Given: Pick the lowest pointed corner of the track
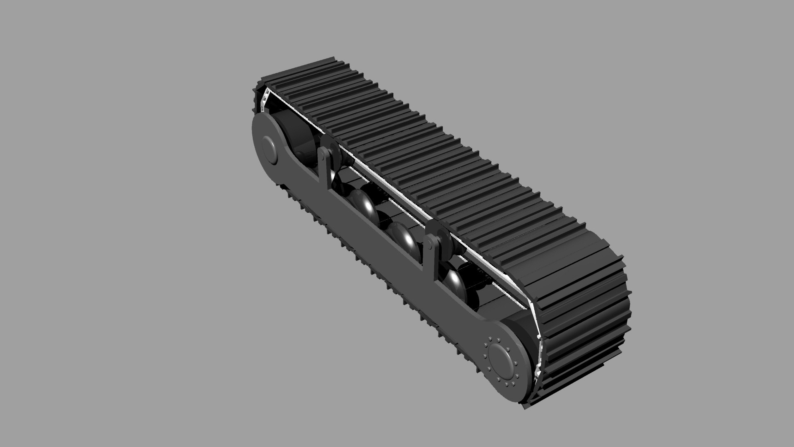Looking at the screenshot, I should click(525, 408).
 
